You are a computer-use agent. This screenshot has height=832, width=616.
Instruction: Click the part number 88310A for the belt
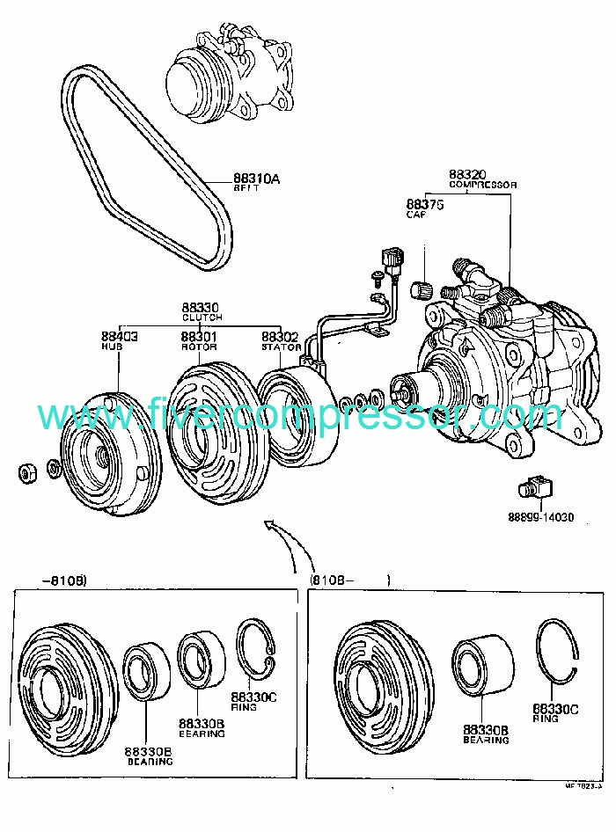(256, 179)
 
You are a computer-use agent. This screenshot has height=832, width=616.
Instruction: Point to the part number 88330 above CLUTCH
(202, 308)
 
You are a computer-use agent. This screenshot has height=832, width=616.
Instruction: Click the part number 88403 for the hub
(118, 336)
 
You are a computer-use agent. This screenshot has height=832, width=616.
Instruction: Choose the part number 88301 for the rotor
(200, 336)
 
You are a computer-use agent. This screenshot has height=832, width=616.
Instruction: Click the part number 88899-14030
(540, 517)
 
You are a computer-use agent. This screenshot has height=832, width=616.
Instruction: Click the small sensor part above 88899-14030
(533, 486)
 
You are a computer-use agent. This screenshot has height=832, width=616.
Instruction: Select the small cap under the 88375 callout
(422, 288)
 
